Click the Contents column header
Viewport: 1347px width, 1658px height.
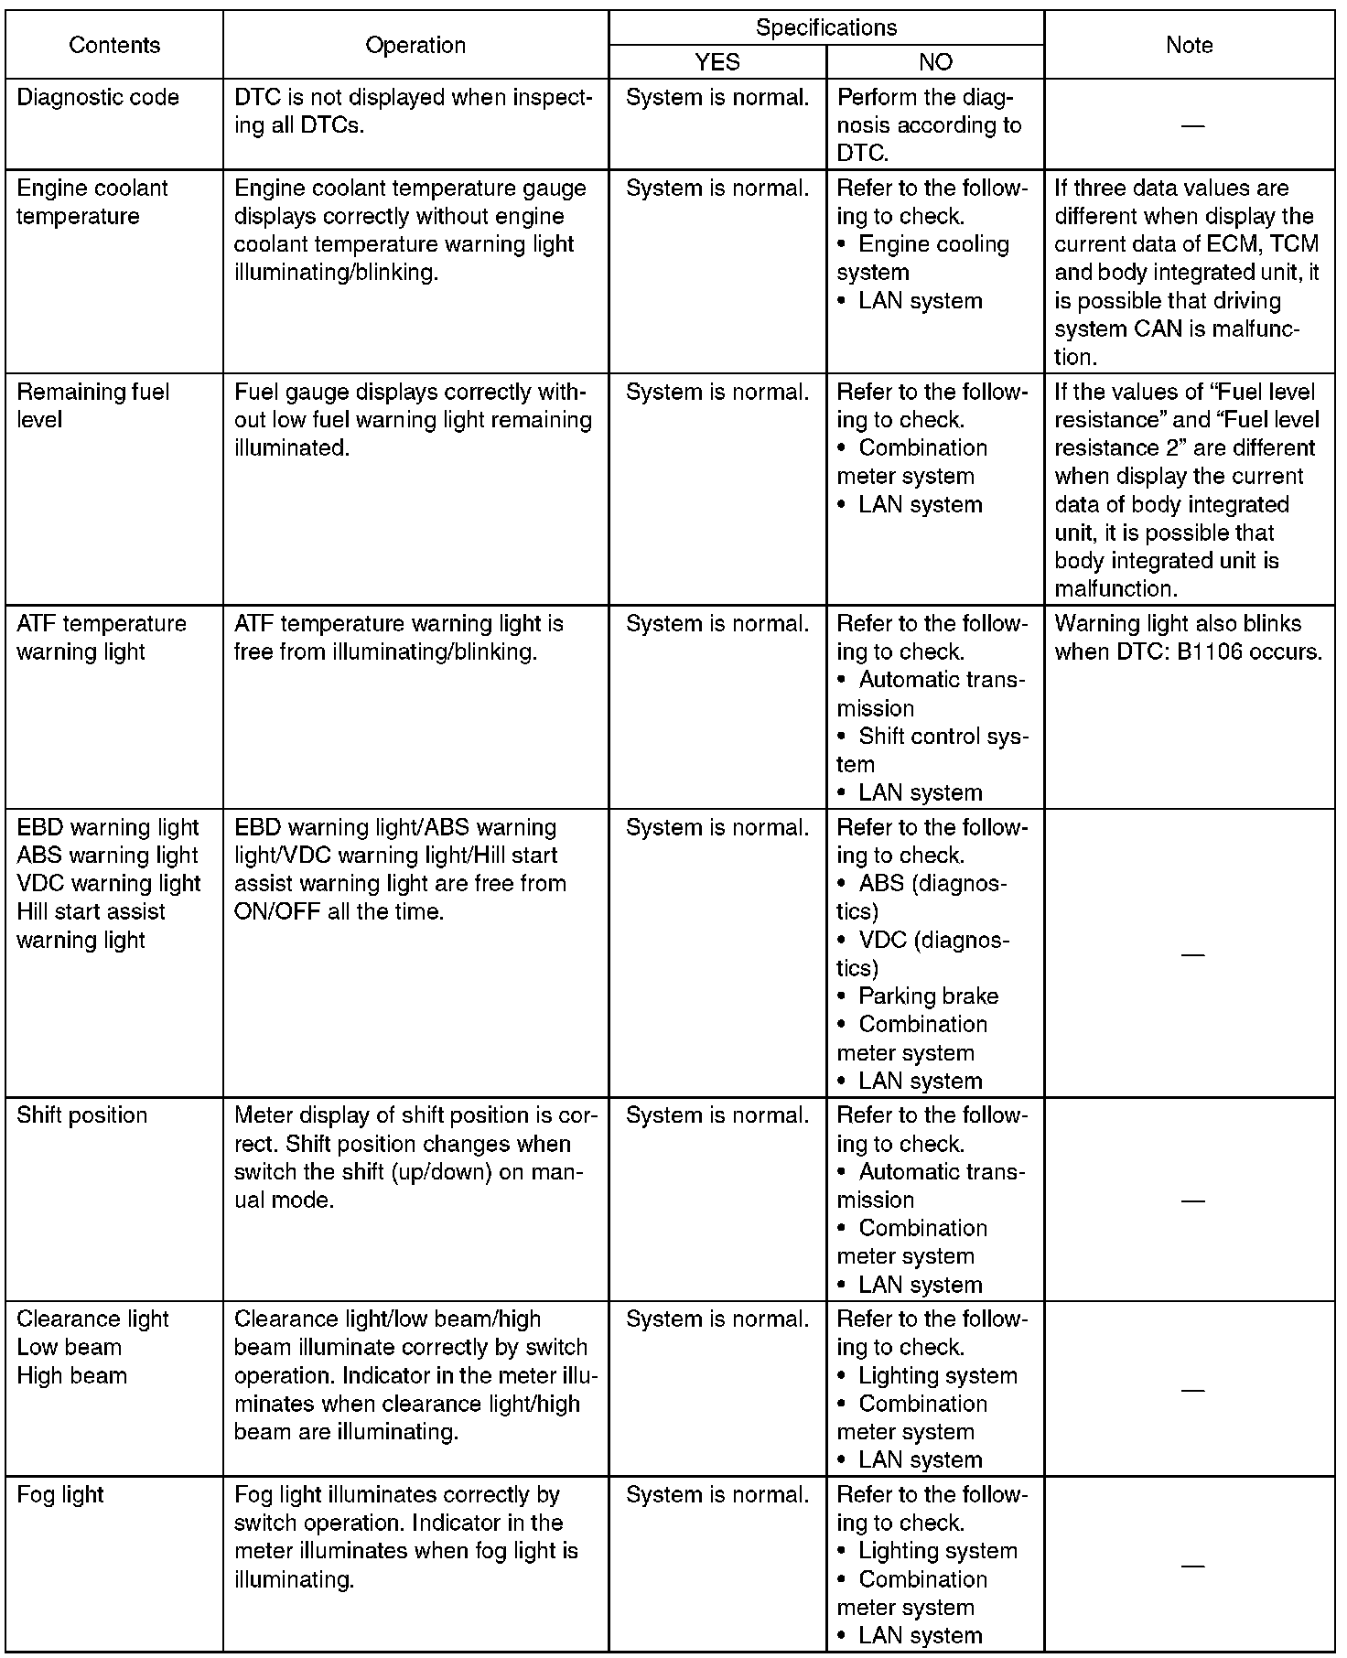tap(114, 45)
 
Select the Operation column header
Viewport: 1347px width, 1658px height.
tap(415, 45)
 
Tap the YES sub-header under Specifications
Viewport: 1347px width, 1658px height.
tap(717, 62)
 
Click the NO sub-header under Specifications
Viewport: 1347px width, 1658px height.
tap(935, 62)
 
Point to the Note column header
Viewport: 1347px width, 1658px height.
tap(1190, 45)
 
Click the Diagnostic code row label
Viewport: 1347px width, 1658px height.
tap(98, 98)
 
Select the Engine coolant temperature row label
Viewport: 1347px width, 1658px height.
tap(92, 202)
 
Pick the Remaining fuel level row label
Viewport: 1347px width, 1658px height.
tap(92, 405)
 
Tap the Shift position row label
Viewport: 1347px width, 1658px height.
tap(81, 1115)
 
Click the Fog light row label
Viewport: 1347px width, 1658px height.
tap(60, 1494)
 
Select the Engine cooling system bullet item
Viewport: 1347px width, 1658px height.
tap(922, 258)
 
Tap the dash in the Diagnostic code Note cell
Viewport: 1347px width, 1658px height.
tap(1192, 124)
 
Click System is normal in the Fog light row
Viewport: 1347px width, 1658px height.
tap(717, 1494)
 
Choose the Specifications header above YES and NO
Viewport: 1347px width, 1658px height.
tap(826, 27)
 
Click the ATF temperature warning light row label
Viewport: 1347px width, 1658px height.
tap(101, 638)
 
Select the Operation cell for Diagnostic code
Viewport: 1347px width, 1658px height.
tap(413, 112)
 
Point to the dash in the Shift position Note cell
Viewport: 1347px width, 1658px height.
tap(1192, 1200)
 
